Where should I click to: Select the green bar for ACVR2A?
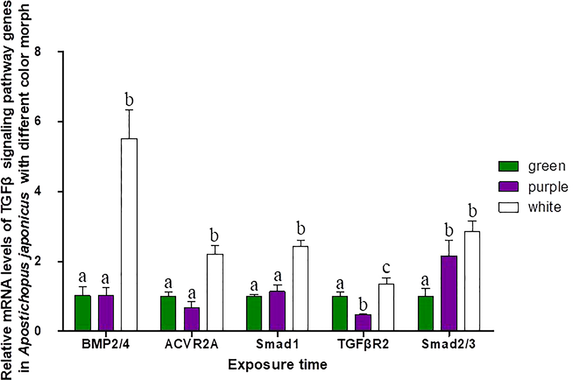click(168, 313)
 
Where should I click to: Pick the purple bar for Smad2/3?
click(449, 293)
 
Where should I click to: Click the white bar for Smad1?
click(300, 288)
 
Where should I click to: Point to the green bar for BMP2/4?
click(83, 313)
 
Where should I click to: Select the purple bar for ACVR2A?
click(192, 319)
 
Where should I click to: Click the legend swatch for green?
click(508, 166)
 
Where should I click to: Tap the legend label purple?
click(548, 187)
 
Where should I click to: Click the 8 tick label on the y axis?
click(37, 52)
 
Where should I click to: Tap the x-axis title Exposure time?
click(277, 365)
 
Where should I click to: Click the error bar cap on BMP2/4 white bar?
click(129, 110)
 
